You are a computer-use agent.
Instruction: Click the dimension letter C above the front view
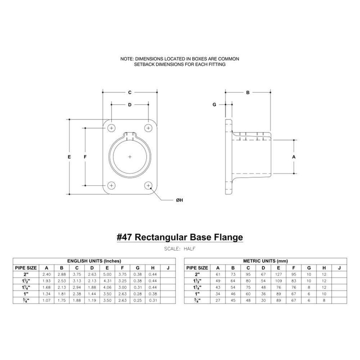tap(130, 93)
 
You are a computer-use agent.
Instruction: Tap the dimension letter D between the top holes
tap(130, 105)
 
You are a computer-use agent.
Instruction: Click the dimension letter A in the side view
tap(294, 157)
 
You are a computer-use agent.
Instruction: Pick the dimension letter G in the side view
tap(215, 104)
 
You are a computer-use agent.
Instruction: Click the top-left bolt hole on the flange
tap(111, 128)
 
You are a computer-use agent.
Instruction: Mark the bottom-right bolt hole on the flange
tap(148, 185)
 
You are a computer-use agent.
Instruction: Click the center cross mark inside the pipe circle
tap(130, 157)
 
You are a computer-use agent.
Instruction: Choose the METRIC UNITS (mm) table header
tap(264, 261)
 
